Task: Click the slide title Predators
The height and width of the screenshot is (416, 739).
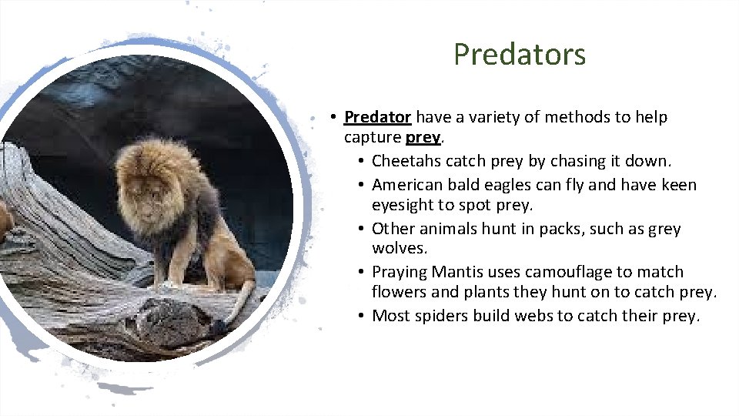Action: tap(520, 55)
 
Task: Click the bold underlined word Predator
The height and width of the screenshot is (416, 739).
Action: tap(377, 118)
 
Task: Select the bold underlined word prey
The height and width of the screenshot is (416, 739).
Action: tap(423, 138)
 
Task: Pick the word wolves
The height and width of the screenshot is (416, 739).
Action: tap(399, 249)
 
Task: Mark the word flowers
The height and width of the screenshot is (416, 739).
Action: tap(400, 293)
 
